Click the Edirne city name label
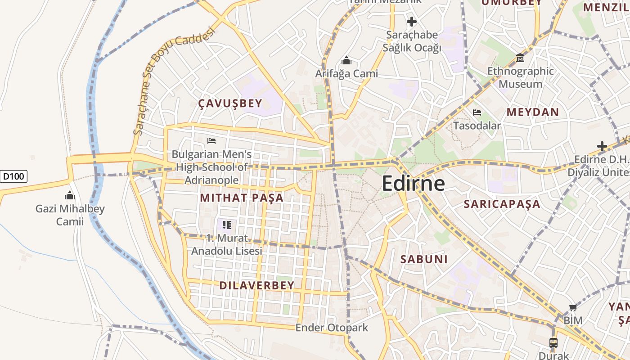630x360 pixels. (x=413, y=184)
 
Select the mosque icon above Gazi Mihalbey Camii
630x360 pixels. (x=70, y=195)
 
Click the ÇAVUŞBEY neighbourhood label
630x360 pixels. (x=230, y=103)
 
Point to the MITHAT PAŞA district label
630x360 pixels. (x=242, y=198)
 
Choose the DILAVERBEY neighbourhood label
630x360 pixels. (x=257, y=285)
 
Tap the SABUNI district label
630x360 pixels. (x=424, y=259)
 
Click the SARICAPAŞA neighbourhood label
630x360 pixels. (x=502, y=204)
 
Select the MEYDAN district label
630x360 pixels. (x=533, y=112)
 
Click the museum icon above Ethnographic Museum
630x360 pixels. (x=520, y=58)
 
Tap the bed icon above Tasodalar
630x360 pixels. (x=477, y=112)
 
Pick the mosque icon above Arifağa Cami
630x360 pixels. (x=346, y=60)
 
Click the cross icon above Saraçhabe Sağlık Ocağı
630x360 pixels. (x=411, y=21)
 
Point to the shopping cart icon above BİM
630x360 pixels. (x=573, y=308)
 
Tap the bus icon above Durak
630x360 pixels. (x=553, y=342)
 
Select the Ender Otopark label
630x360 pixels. (x=332, y=328)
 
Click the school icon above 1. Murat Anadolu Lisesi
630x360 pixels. (x=227, y=225)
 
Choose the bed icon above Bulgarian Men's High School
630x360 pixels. (x=211, y=141)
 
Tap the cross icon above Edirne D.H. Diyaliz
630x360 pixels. (x=602, y=146)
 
